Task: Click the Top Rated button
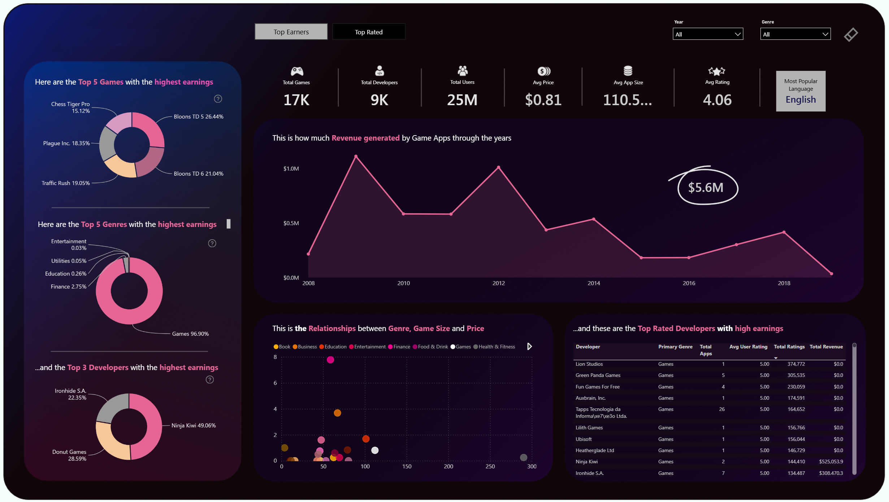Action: pyautogui.click(x=368, y=32)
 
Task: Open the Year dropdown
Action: pyautogui.click(x=707, y=34)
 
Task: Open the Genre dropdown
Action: pyautogui.click(x=795, y=34)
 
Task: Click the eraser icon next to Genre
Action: pyautogui.click(x=851, y=35)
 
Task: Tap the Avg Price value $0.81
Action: pyautogui.click(x=543, y=100)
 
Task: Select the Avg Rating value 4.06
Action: pyautogui.click(x=717, y=100)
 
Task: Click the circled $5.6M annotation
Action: pyautogui.click(x=706, y=188)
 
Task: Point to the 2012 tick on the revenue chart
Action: pyautogui.click(x=499, y=283)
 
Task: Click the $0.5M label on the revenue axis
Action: pyautogui.click(x=291, y=223)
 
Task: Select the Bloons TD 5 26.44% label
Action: pyautogui.click(x=199, y=117)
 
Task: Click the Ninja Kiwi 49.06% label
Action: pyautogui.click(x=194, y=426)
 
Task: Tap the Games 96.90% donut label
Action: pyautogui.click(x=190, y=334)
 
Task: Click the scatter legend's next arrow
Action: pyautogui.click(x=529, y=347)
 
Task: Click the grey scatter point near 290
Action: pyautogui.click(x=523, y=458)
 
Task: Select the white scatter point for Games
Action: pyautogui.click(x=375, y=450)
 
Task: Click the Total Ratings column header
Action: pyautogui.click(x=789, y=347)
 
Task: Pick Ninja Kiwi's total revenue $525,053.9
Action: pyautogui.click(x=831, y=462)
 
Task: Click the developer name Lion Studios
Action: pyautogui.click(x=589, y=364)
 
